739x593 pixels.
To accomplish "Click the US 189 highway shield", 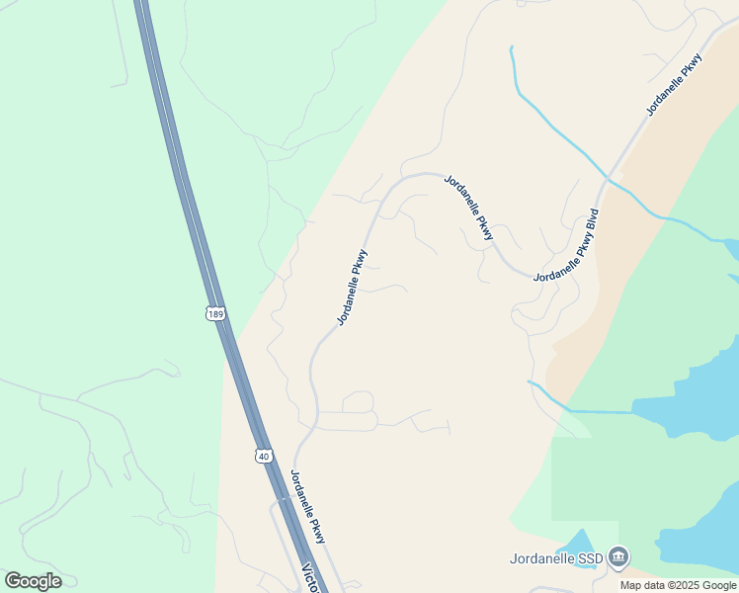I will (x=216, y=313).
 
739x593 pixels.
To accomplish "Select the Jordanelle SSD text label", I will (x=556, y=558).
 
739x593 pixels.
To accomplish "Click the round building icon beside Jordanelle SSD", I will (x=618, y=557).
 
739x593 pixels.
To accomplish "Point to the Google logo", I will (x=33, y=581).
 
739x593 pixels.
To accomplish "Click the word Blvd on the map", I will (x=592, y=217).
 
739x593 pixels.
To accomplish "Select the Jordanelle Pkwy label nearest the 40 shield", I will (x=307, y=505).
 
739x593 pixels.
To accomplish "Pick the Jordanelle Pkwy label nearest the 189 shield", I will (x=353, y=288).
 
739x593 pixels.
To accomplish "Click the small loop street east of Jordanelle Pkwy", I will (x=358, y=401).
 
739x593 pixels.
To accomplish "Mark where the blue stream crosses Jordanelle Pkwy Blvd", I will (x=609, y=179).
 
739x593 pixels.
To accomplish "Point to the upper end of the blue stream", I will (x=511, y=47).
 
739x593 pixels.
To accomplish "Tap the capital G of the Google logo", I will (x=13, y=580).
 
